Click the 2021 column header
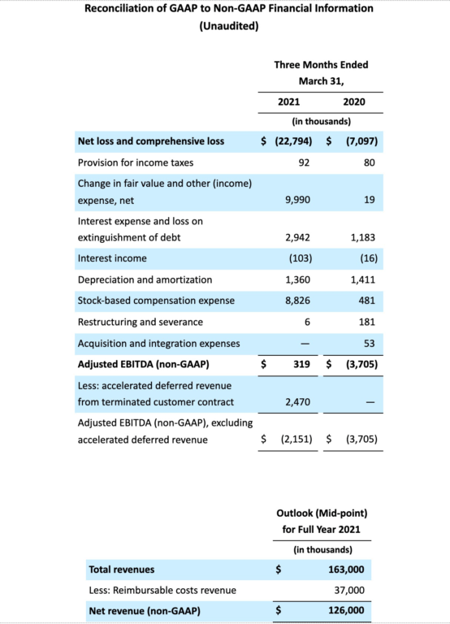pyautogui.click(x=288, y=102)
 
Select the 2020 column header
pyautogui.click(x=353, y=102)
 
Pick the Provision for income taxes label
pyautogui.click(x=135, y=162)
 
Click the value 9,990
pyautogui.click(x=298, y=199)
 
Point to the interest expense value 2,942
pyautogui.click(x=298, y=238)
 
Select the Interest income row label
pyautogui.click(x=112, y=258)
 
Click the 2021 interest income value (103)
pyautogui.click(x=301, y=258)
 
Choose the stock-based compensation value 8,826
pyautogui.click(x=298, y=301)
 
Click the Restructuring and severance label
pyautogui.click(x=140, y=322)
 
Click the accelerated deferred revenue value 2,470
pyautogui.click(x=298, y=401)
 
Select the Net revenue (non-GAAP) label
pyautogui.click(x=144, y=611)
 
